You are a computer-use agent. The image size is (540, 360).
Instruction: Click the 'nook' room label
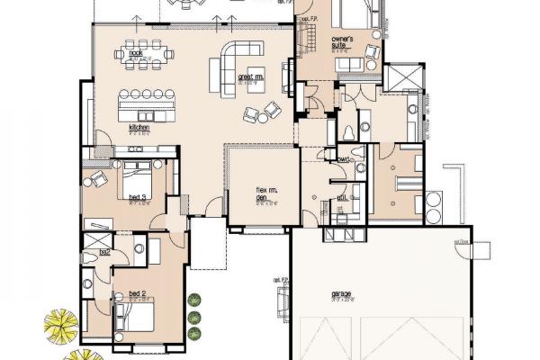coord(136,54)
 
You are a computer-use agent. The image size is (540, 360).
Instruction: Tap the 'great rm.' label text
coord(249,77)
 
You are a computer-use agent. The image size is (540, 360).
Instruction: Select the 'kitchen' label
coord(138,129)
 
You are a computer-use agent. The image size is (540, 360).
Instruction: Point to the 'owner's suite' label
coord(341,42)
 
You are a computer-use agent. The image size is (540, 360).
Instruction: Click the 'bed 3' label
coord(138,197)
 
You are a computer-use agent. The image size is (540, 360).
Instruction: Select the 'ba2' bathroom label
coord(104,252)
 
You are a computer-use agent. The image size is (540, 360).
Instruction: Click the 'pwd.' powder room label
coord(344,159)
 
